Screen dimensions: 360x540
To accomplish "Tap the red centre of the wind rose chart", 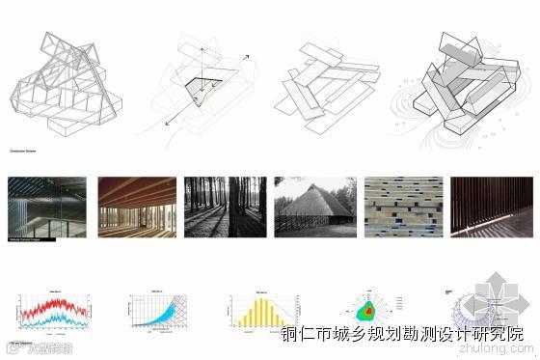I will point(367,312).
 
